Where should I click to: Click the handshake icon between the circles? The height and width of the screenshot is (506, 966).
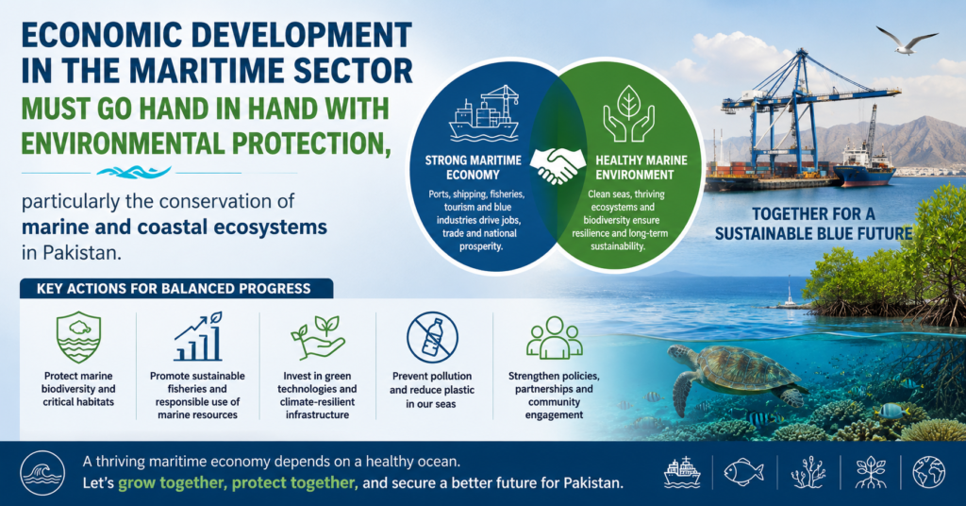point(558,166)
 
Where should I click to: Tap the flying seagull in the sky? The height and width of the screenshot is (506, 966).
point(907,41)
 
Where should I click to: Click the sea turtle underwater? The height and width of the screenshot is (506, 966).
point(734,375)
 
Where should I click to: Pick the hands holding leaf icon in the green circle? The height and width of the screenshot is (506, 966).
point(628,113)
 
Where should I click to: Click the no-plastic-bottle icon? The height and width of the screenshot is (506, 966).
point(432,337)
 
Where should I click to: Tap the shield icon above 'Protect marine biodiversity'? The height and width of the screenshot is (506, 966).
point(78,337)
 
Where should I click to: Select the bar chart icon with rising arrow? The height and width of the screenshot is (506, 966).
point(198,336)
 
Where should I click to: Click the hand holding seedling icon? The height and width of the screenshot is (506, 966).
point(317,337)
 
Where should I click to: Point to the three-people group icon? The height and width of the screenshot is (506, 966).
point(554,338)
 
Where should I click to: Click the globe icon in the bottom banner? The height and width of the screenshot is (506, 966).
point(928,473)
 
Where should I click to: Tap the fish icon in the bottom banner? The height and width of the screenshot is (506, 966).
point(743,473)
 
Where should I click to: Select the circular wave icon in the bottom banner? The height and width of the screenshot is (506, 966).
point(42,473)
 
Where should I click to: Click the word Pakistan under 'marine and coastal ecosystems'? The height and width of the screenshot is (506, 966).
point(78,253)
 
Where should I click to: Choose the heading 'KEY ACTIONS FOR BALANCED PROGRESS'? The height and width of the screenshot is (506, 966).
point(174,289)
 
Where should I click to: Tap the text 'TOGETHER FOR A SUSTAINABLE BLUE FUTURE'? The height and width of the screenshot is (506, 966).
point(813,224)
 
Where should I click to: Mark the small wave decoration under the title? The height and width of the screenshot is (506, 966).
point(134,173)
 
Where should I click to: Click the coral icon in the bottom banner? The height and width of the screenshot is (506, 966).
point(808,473)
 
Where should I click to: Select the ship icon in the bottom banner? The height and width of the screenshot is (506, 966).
point(682,473)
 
